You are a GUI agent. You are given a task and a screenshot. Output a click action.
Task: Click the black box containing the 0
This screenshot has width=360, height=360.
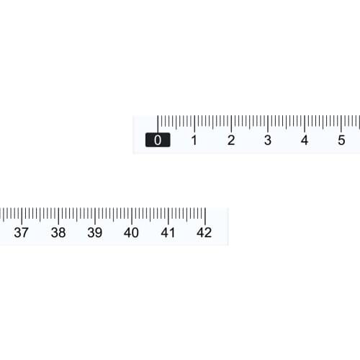coord(158,140)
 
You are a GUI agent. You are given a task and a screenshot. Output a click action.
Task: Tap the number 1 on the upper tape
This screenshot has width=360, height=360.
coord(194,140)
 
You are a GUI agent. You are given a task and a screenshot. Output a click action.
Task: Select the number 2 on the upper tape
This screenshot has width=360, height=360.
coord(231,140)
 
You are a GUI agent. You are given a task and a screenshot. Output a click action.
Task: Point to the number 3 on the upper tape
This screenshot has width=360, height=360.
coord(268,140)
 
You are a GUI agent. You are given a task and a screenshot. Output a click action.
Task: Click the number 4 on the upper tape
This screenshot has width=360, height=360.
coord(305,140)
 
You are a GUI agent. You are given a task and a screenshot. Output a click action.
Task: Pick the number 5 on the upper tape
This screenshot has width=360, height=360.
coord(341,140)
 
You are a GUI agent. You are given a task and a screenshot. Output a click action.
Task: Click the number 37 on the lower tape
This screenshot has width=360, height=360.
coord(22,233)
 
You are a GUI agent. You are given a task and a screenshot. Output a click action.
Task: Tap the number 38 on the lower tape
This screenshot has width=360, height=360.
coord(58,233)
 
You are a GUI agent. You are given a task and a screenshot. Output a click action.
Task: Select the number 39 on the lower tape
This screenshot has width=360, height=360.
coord(95,233)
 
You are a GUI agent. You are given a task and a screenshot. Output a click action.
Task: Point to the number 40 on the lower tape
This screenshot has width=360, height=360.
coord(131,233)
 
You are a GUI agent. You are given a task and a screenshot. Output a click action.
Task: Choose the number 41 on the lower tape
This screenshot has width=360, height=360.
coord(168,233)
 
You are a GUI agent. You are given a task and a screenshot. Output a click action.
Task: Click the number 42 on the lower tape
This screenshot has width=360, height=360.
coord(204,233)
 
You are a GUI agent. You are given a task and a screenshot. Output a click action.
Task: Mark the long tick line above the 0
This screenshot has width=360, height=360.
coord(158,123)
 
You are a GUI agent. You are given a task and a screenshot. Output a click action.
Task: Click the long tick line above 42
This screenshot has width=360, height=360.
coord(205,215)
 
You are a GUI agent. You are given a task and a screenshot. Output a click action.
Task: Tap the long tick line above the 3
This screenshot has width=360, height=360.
coord(268,123)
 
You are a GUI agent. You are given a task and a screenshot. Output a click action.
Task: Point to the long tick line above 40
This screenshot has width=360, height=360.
coord(132,215)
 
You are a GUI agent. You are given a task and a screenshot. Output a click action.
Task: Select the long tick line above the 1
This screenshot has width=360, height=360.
coord(194,123)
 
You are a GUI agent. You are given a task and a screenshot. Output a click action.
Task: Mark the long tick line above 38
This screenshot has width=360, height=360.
coord(58,215)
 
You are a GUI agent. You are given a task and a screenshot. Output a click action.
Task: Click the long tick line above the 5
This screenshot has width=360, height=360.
coord(341,123)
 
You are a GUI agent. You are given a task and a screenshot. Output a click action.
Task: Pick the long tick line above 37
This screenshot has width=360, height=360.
coord(22,215)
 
